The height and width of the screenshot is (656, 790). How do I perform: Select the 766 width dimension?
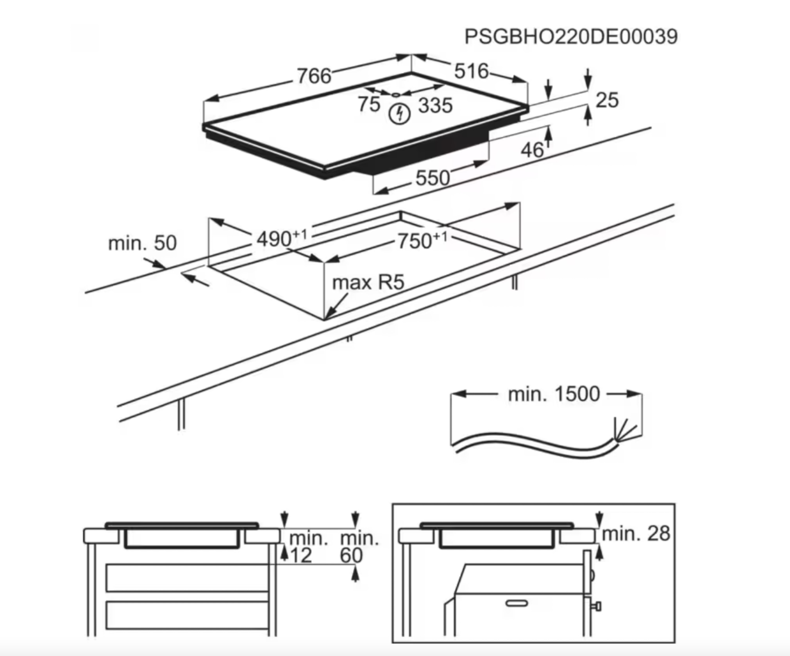click(314, 75)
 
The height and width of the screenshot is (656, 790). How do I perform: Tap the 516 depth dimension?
click(471, 71)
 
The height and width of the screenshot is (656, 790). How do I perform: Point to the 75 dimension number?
click(369, 104)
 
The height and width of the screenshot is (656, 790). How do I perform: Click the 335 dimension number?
click(435, 105)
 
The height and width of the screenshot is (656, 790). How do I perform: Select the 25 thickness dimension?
click(607, 100)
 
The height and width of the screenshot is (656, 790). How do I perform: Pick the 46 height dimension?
click(532, 150)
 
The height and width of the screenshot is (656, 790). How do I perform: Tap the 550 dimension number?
click(433, 178)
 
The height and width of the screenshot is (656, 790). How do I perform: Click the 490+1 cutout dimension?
click(281, 238)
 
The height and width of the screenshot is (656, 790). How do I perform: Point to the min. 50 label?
click(142, 243)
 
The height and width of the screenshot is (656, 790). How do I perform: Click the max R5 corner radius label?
click(368, 282)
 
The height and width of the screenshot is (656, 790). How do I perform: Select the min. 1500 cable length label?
click(553, 394)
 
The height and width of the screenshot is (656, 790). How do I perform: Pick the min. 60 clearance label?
click(359, 547)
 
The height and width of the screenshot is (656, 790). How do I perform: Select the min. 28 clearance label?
click(636, 533)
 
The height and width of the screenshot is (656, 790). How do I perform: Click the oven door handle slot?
click(517, 603)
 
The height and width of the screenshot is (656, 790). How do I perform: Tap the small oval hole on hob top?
click(395, 94)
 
